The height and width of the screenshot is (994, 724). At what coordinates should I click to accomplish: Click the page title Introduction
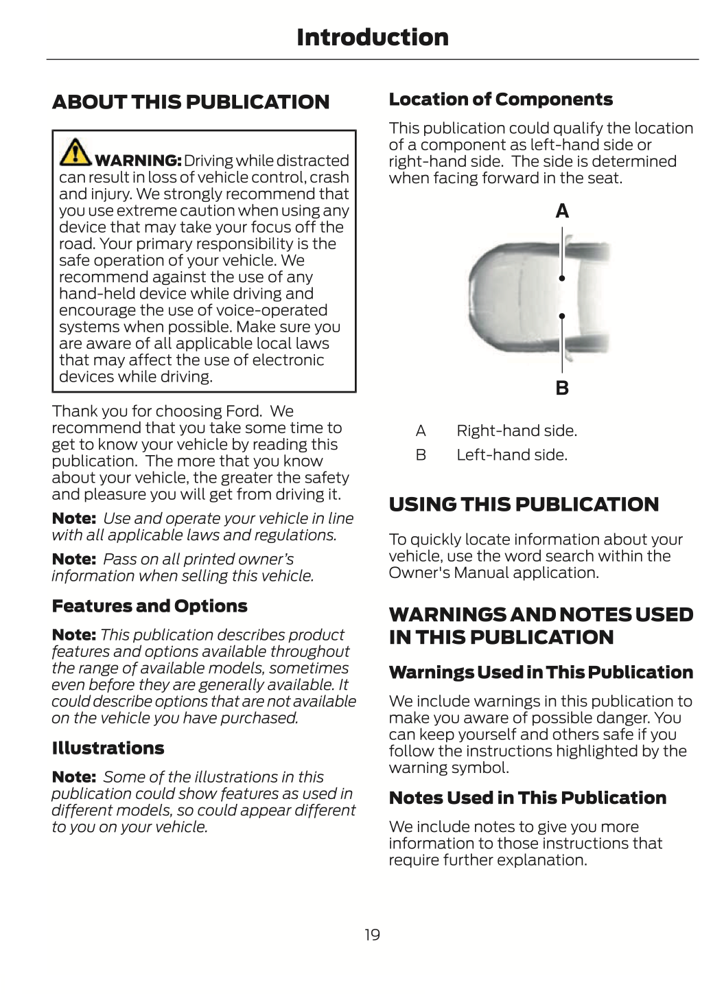372,37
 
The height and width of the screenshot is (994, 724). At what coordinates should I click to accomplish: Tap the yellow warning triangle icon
75,153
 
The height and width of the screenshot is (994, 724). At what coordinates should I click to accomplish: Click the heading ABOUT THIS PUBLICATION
191,102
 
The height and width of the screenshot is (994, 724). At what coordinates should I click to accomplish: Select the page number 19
372,934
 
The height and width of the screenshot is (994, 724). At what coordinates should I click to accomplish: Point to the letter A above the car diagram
562,211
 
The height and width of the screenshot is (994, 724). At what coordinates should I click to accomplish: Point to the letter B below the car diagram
562,388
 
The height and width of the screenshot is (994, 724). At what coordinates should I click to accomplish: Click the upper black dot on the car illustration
562,278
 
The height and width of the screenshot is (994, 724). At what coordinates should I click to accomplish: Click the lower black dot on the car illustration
562,316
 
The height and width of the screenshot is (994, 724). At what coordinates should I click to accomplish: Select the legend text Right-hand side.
517,431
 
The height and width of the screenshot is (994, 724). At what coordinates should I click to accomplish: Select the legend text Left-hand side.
512,455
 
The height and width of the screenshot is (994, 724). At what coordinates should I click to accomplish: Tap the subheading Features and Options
150,606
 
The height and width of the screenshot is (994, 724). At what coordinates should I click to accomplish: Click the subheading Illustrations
108,748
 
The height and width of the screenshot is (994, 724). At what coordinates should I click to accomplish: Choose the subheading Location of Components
501,100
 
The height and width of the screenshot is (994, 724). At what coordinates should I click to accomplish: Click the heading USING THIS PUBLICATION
524,505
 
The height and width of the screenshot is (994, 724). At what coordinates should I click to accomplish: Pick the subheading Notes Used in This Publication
528,798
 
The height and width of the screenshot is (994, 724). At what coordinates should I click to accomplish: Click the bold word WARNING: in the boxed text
138,161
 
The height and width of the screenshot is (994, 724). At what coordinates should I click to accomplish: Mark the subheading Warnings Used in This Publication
541,673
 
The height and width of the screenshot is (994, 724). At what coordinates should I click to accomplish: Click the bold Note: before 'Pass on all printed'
74,559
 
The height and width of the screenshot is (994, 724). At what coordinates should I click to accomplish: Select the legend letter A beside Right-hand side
421,431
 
